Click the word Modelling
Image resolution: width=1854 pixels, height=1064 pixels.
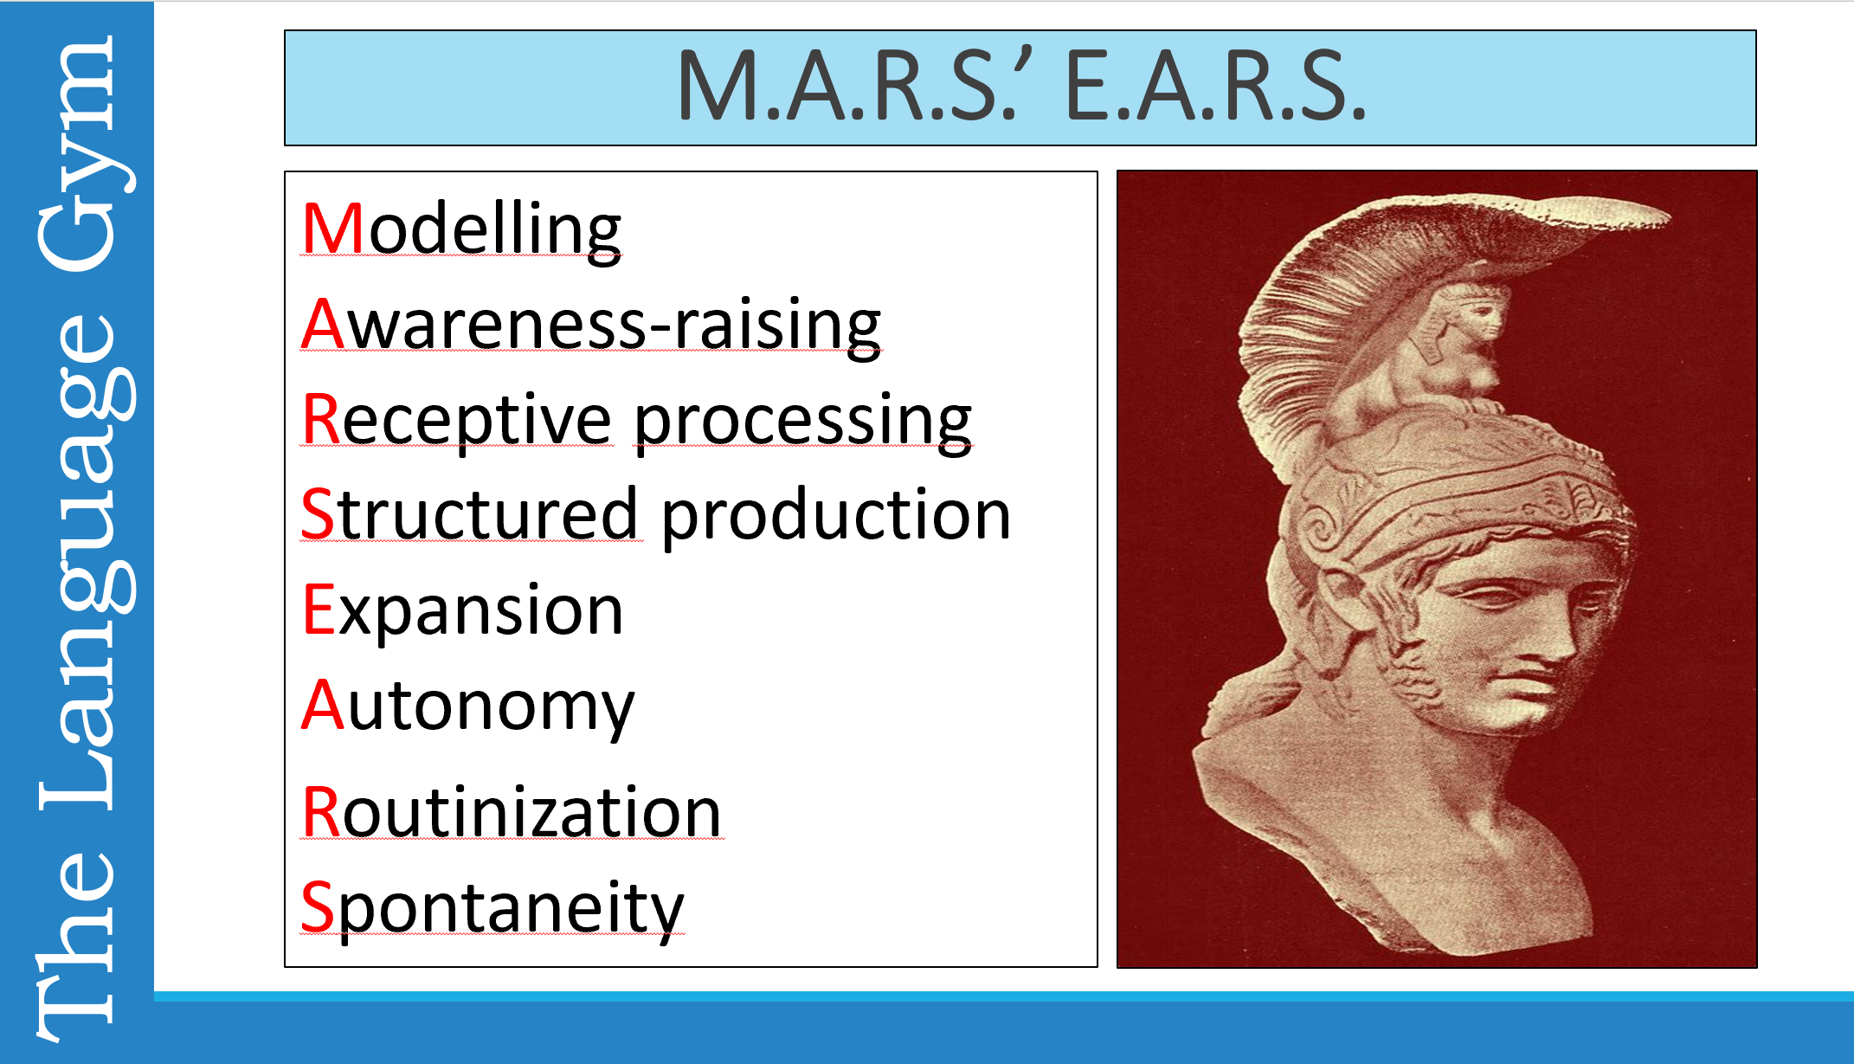[461, 229]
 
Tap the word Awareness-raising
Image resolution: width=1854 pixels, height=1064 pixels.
[591, 325]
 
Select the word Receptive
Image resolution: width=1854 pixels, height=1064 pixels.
[457, 420]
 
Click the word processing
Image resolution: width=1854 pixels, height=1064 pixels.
[803, 422]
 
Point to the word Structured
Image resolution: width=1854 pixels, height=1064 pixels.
[470, 515]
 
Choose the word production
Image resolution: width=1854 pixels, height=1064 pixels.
[836, 517]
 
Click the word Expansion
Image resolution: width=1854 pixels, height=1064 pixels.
[462, 610]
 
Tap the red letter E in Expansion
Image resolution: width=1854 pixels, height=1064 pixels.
[318, 610]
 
